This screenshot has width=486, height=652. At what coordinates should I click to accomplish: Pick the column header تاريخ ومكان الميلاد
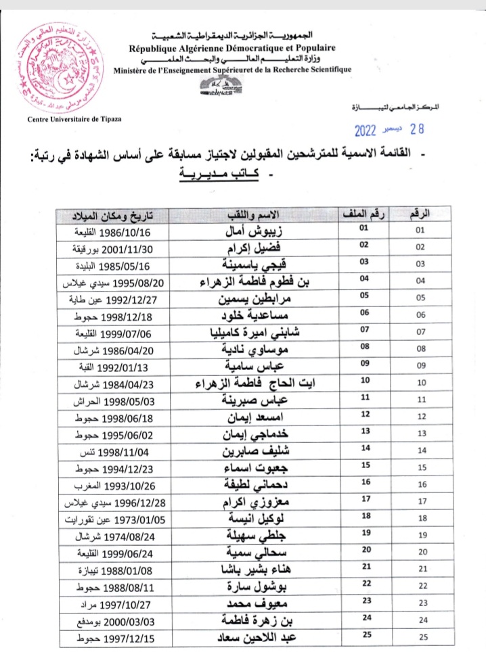111,215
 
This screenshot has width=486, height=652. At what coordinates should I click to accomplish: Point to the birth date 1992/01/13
99,366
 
